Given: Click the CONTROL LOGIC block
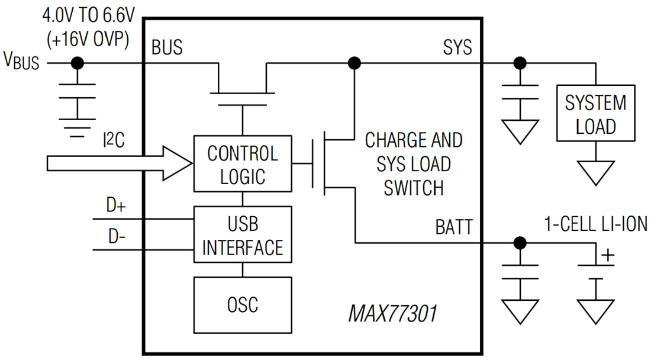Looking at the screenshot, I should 243,163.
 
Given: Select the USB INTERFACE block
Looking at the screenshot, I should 243,234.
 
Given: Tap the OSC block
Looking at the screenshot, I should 243,304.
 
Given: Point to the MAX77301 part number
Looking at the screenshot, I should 392,313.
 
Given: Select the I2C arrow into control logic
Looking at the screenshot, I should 118,163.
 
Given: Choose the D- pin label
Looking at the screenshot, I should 117,236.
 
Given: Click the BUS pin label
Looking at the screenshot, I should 167,47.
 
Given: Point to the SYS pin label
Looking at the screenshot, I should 457,47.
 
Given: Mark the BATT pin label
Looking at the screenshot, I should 453,227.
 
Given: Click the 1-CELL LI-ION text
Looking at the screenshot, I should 595,224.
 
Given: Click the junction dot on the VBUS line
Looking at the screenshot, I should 77,63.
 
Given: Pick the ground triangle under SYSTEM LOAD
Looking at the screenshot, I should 595,173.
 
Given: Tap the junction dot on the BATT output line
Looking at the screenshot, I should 520,242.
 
